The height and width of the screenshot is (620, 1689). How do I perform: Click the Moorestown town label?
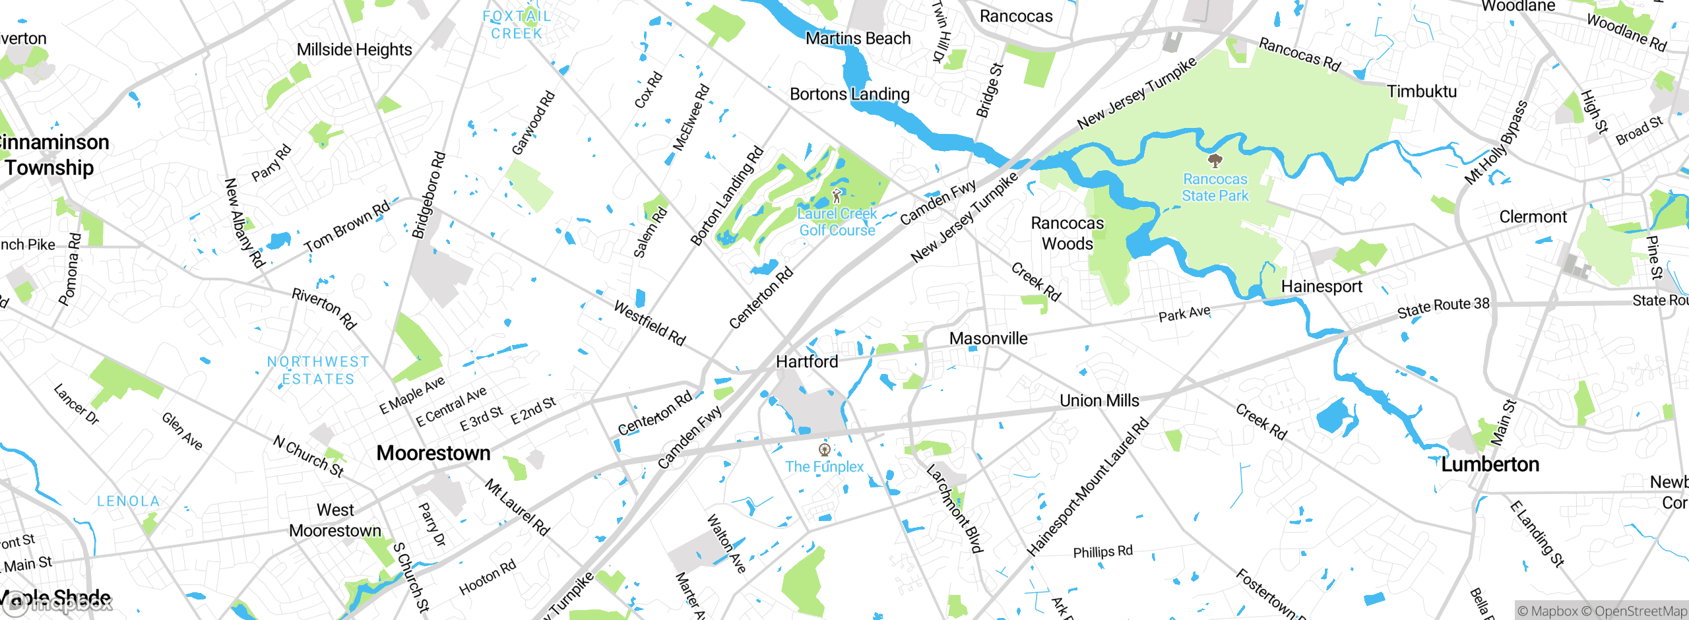[433, 453]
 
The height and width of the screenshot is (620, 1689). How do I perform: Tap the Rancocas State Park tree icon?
[1215, 160]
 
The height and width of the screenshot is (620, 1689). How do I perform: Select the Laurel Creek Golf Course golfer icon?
[837, 196]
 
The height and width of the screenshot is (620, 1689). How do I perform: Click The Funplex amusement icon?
[824, 450]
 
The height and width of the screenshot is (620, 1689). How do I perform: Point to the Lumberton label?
[1490, 464]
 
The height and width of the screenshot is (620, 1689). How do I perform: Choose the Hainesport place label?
[1322, 286]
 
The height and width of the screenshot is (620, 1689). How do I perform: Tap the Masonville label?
[988, 338]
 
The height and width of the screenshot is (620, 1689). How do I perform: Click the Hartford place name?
[807, 361]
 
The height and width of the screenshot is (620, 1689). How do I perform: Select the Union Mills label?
[1099, 400]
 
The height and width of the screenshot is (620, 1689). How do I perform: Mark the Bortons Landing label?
[850, 94]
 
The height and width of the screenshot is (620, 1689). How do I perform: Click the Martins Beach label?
[858, 39]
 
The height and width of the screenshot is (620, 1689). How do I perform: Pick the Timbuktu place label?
[1422, 92]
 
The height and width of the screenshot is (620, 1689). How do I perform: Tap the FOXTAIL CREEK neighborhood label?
[517, 24]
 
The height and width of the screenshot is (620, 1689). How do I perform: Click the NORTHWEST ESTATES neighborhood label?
[318, 370]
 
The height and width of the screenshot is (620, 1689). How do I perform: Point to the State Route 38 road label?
[1443, 307]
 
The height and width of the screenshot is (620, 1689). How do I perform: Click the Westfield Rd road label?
[650, 323]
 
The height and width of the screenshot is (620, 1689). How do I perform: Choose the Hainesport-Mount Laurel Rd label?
[1088, 487]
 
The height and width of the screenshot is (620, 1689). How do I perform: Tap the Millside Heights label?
[354, 49]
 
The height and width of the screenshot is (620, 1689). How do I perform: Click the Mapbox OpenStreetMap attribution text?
[1602, 611]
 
